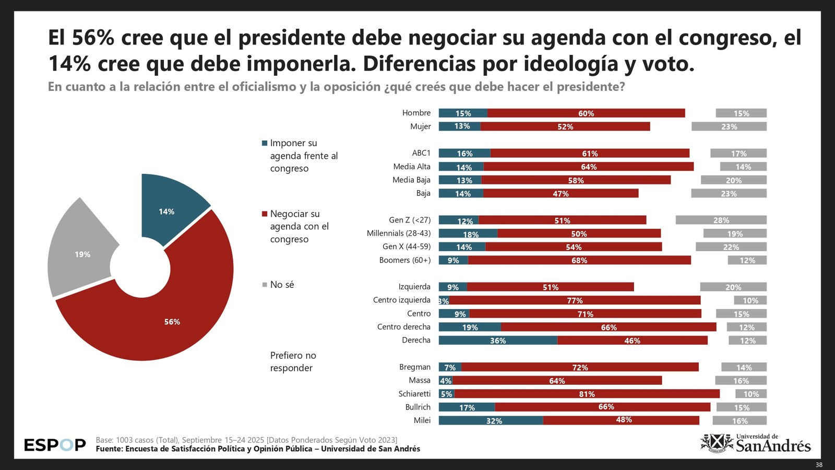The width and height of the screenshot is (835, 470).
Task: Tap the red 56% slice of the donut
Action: (172, 319)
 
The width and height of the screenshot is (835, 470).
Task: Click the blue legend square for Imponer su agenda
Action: (265, 143)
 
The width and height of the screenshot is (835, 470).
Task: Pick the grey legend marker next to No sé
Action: (265, 285)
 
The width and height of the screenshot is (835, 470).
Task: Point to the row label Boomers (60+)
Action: (405, 260)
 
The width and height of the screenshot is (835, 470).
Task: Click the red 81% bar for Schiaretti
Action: (587, 394)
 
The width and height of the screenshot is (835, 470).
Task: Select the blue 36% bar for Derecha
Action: (498, 340)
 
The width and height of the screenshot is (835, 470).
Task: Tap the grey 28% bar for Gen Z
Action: (721, 220)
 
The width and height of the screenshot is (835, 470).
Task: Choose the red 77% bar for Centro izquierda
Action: (575, 300)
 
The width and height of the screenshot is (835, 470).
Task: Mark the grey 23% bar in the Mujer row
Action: (729, 126)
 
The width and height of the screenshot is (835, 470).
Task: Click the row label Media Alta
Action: (412, 167)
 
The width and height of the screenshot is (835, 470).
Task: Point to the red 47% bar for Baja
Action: (560, 193)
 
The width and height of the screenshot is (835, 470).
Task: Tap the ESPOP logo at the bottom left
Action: (55, 445)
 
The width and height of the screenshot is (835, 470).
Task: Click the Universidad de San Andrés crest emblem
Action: (717, 443)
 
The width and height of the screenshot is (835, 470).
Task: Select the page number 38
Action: (819, 465)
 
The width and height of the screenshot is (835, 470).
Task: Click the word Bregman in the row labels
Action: (415, 367)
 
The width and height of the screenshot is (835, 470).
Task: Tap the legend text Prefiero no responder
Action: (293, 361)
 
